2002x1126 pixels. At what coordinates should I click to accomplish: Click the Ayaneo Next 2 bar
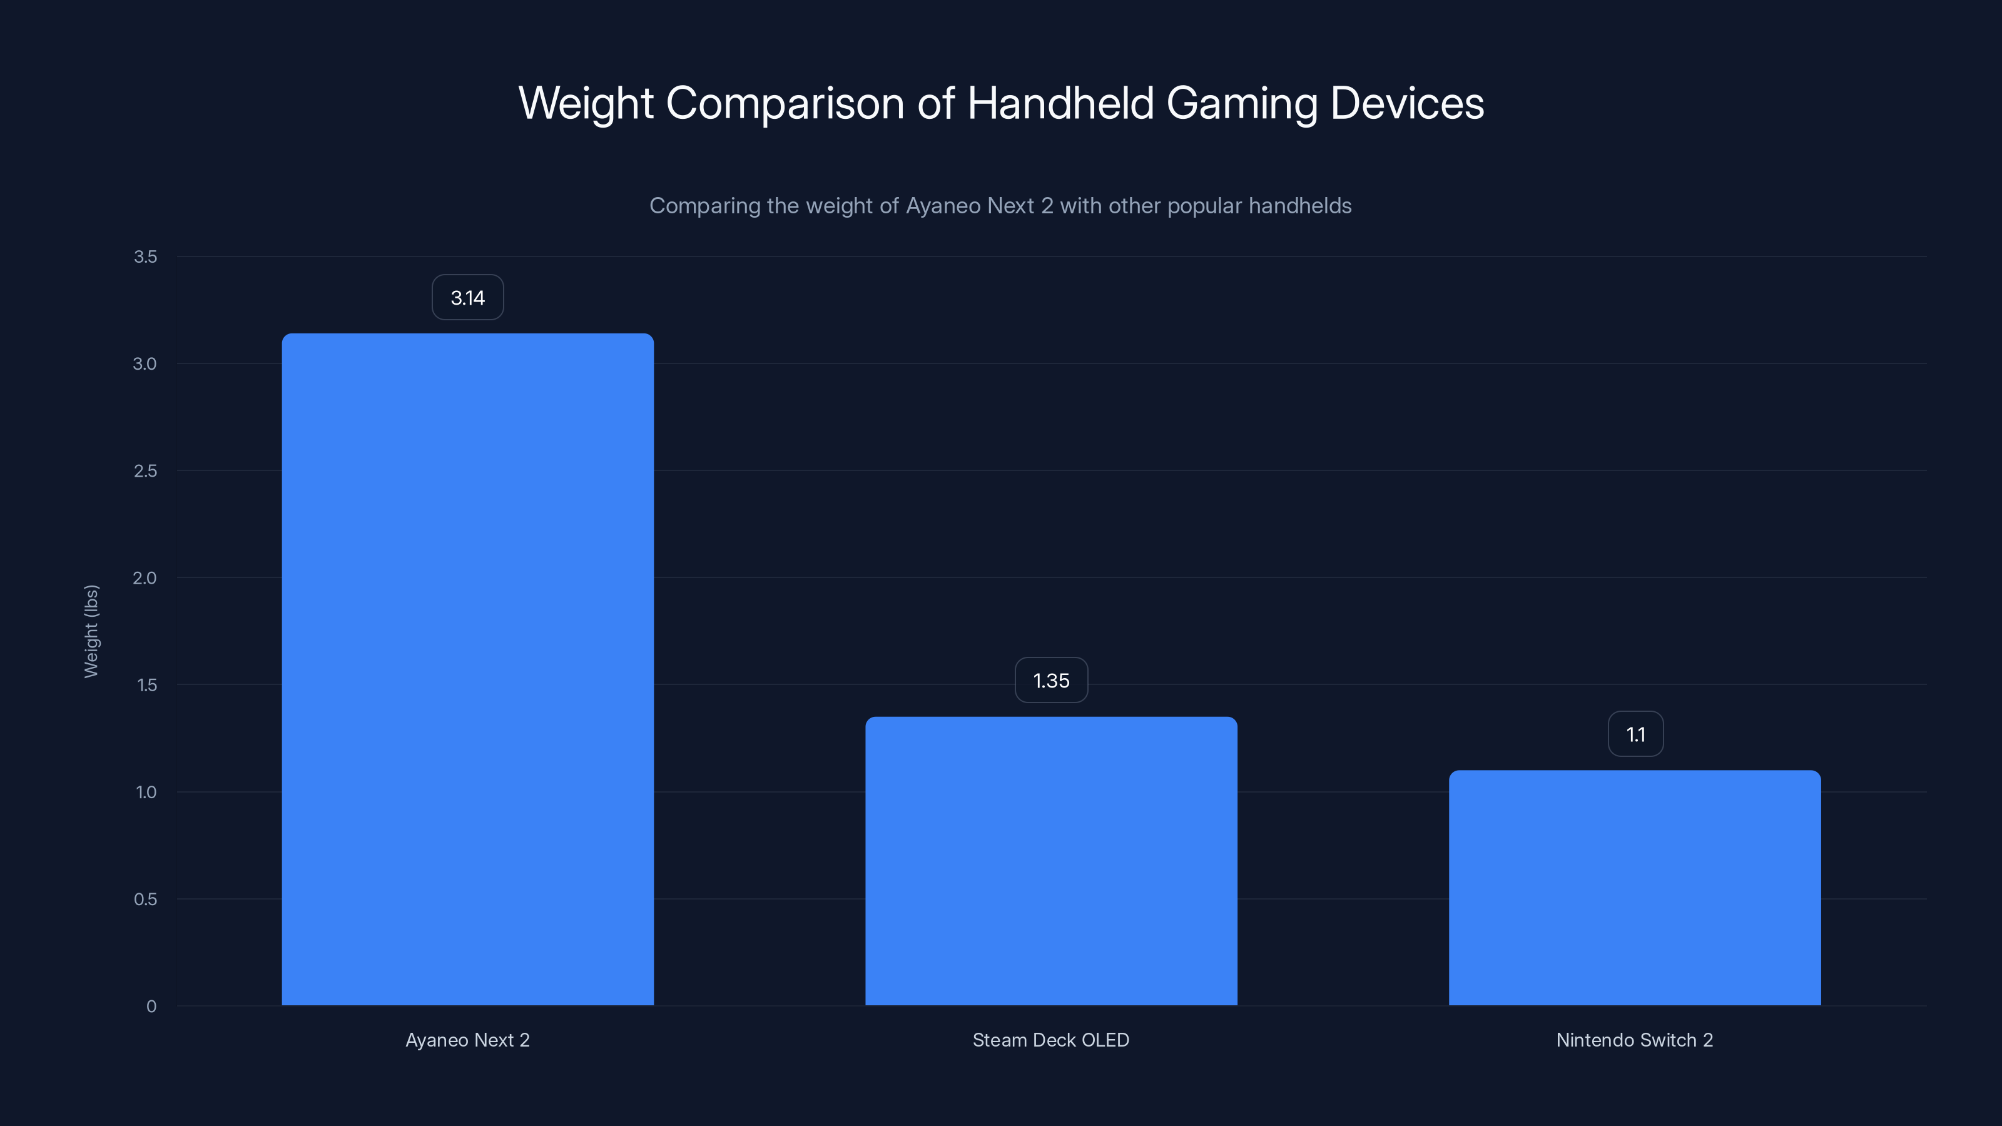(467, 669)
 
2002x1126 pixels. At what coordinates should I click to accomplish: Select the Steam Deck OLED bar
(1051, 860)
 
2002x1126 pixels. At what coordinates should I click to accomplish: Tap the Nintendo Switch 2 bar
(1634, 888)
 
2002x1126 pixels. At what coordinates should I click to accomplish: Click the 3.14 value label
(467, 298)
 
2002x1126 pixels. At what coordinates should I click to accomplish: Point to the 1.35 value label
(1051, 681)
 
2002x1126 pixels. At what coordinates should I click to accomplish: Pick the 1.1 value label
(1635, 734)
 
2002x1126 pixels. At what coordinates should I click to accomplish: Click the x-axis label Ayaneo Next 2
(467, 1040)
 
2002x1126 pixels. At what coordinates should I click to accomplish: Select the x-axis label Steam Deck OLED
(1051, 1040)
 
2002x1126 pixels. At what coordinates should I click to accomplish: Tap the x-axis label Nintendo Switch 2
(1634, 1040)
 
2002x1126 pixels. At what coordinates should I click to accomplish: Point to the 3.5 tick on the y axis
(145, 256)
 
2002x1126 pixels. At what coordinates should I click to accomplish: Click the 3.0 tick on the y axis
(145, 363)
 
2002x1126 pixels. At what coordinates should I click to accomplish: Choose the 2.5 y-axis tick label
(145, 471)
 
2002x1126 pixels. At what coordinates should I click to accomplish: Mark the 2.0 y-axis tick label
(145, 578)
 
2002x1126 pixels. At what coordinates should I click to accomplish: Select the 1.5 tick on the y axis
(146, 684)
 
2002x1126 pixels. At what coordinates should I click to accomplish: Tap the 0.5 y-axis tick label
(145, 899)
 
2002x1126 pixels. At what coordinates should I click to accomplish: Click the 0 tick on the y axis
(151, 1007)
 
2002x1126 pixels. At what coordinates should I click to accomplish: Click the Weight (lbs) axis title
(91, 631)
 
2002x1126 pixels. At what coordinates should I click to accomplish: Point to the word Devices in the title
(1406, 103)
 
